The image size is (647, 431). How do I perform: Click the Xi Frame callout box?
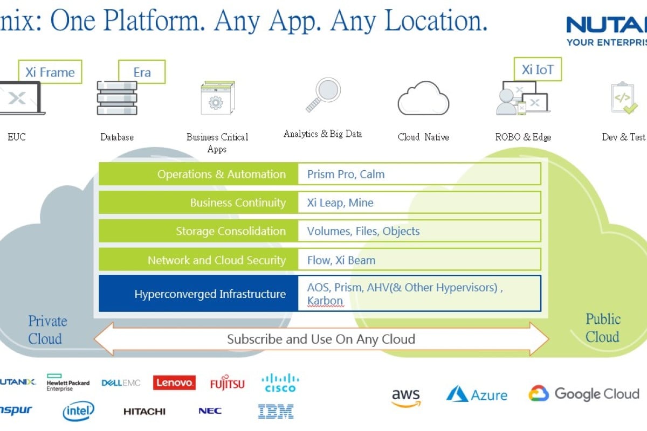coord(50,72)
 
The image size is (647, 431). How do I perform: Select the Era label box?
coord(142,72)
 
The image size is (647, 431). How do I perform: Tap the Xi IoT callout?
coord(537,70)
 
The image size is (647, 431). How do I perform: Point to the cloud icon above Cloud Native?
coord(423,99)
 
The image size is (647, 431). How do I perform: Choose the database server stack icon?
coord(117,98)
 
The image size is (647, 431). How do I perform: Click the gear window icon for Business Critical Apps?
coord(217,98)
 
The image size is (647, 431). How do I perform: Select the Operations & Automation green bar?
coord(198,175)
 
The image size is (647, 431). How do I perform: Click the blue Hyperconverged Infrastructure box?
coord(198,294)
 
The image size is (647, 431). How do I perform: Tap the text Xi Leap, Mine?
coord(340,203)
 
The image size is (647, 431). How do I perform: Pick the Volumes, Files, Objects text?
coord(363,232)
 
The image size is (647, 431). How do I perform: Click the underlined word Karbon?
coord(325,301)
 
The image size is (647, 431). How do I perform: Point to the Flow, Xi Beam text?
coord(341,261)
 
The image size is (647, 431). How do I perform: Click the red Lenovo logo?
coord(174,383)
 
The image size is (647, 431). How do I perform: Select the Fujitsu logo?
coord(227,384)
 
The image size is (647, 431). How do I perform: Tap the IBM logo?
coord(276,412)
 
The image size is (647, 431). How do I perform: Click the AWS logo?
coord(405,397)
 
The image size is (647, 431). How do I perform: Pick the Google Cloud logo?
coord(584,394)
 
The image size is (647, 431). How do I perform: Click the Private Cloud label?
coord(47,330)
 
